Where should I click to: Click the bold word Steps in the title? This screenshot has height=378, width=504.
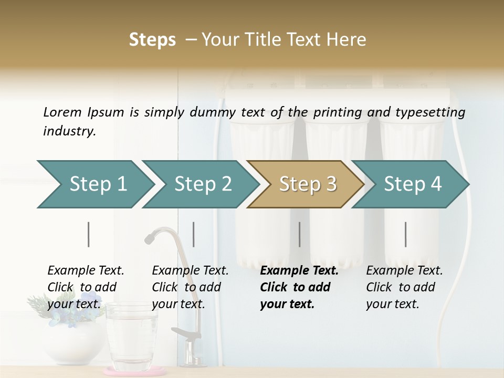tap(152, 40)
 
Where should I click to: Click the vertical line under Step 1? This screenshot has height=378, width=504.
tap(89, 234)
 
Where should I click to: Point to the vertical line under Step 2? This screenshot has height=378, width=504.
tap(194, 234)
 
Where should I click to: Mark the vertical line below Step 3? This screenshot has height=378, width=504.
tap(300, 234)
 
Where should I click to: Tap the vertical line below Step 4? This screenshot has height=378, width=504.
tap(406, 234)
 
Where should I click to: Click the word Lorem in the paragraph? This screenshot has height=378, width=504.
tap(62, 112)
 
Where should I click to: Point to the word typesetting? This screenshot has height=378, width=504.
tap(433, 112)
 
